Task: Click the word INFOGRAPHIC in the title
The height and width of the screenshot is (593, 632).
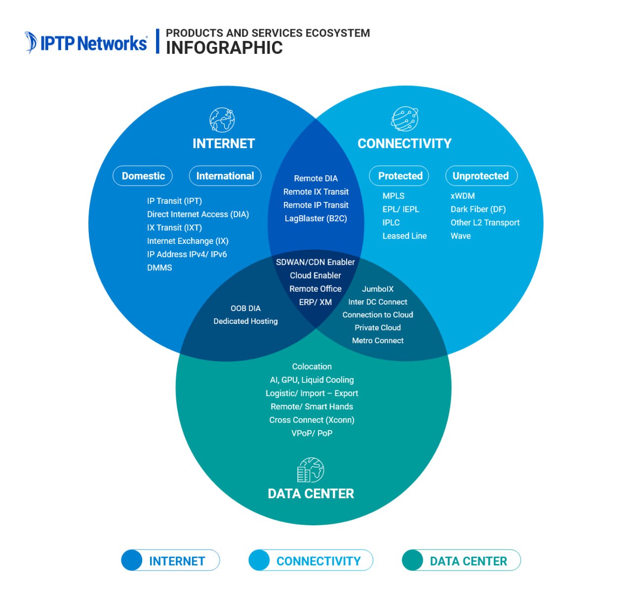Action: point(224,48)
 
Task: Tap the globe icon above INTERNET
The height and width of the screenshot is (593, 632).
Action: point(222,119)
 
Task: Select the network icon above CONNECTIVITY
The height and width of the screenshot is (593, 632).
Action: point(404,119)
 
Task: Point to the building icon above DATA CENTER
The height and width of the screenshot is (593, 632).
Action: point(311,470)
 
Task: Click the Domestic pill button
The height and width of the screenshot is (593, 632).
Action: point(143,176)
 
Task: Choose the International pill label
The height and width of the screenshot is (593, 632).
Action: point(225,176)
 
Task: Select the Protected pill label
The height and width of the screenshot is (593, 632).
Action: point(399,176)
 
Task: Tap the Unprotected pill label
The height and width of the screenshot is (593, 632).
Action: point(481,176)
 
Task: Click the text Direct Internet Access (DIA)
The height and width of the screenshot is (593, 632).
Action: point(197,214)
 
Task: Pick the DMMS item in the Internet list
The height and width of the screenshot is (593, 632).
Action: point(159,268)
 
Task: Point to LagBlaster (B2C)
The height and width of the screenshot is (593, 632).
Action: point(316,218)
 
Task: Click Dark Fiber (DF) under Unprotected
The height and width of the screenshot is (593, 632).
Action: point(478,209)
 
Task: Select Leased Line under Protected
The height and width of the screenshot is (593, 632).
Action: point(404,236)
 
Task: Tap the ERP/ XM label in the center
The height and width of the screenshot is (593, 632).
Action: point(315,302)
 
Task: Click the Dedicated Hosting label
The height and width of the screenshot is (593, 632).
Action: point(245,321)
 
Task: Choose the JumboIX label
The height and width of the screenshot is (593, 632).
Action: point(378,289)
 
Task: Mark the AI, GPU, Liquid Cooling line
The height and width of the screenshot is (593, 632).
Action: point(312,380)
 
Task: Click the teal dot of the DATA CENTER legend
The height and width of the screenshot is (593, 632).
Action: point(413,560)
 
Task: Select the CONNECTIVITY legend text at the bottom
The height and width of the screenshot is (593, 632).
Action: point(318,561)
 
